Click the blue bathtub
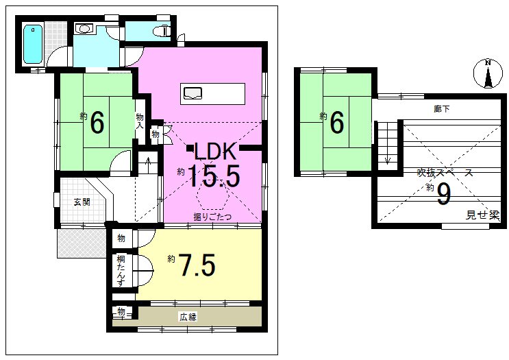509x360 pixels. click(33, 44)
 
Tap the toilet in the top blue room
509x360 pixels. click(163, 31)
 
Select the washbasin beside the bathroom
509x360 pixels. click(84, 29)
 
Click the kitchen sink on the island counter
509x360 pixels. click(193, 93)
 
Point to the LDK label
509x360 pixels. click(214, 151)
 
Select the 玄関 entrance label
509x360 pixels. click(82, 202)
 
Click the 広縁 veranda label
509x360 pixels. click(188, 317)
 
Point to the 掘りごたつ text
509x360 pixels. click(212, 217)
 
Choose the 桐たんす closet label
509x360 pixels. click(121, 271)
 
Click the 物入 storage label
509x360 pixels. click(140, 121)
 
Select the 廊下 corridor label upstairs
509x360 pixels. click(441, 109)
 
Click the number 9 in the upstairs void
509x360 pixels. click(444, 194)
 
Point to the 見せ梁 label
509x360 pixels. click(482, 215)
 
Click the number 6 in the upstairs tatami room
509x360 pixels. click(336, 123)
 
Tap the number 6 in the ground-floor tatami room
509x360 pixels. click(97, 123)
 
